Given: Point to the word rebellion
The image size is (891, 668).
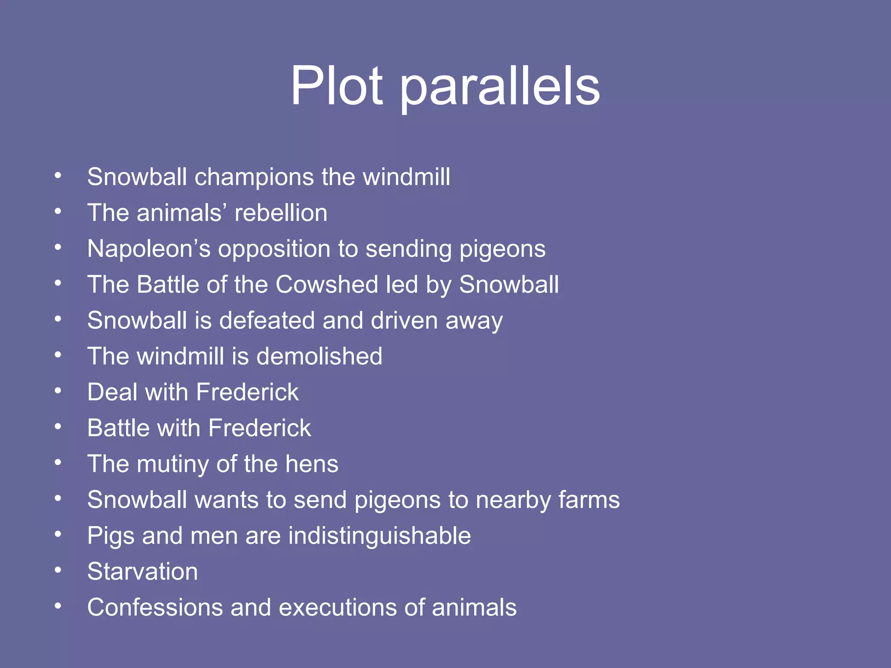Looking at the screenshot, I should click(281, 213).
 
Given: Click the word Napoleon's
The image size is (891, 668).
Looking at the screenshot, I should click(149, 249).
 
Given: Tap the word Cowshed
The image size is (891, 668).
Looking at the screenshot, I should click(327, 284).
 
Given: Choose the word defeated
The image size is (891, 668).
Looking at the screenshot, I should click(267, 321).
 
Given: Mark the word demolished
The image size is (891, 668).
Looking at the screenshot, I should click(319, 356).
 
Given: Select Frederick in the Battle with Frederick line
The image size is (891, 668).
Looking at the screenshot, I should click(260, 428).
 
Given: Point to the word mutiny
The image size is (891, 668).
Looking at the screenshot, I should click(173, 464).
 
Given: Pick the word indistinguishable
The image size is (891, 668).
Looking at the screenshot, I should click(379, 535).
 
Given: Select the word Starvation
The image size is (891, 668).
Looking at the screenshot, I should click(142, 571).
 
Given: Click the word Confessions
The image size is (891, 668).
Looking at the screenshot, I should click(155, 607).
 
